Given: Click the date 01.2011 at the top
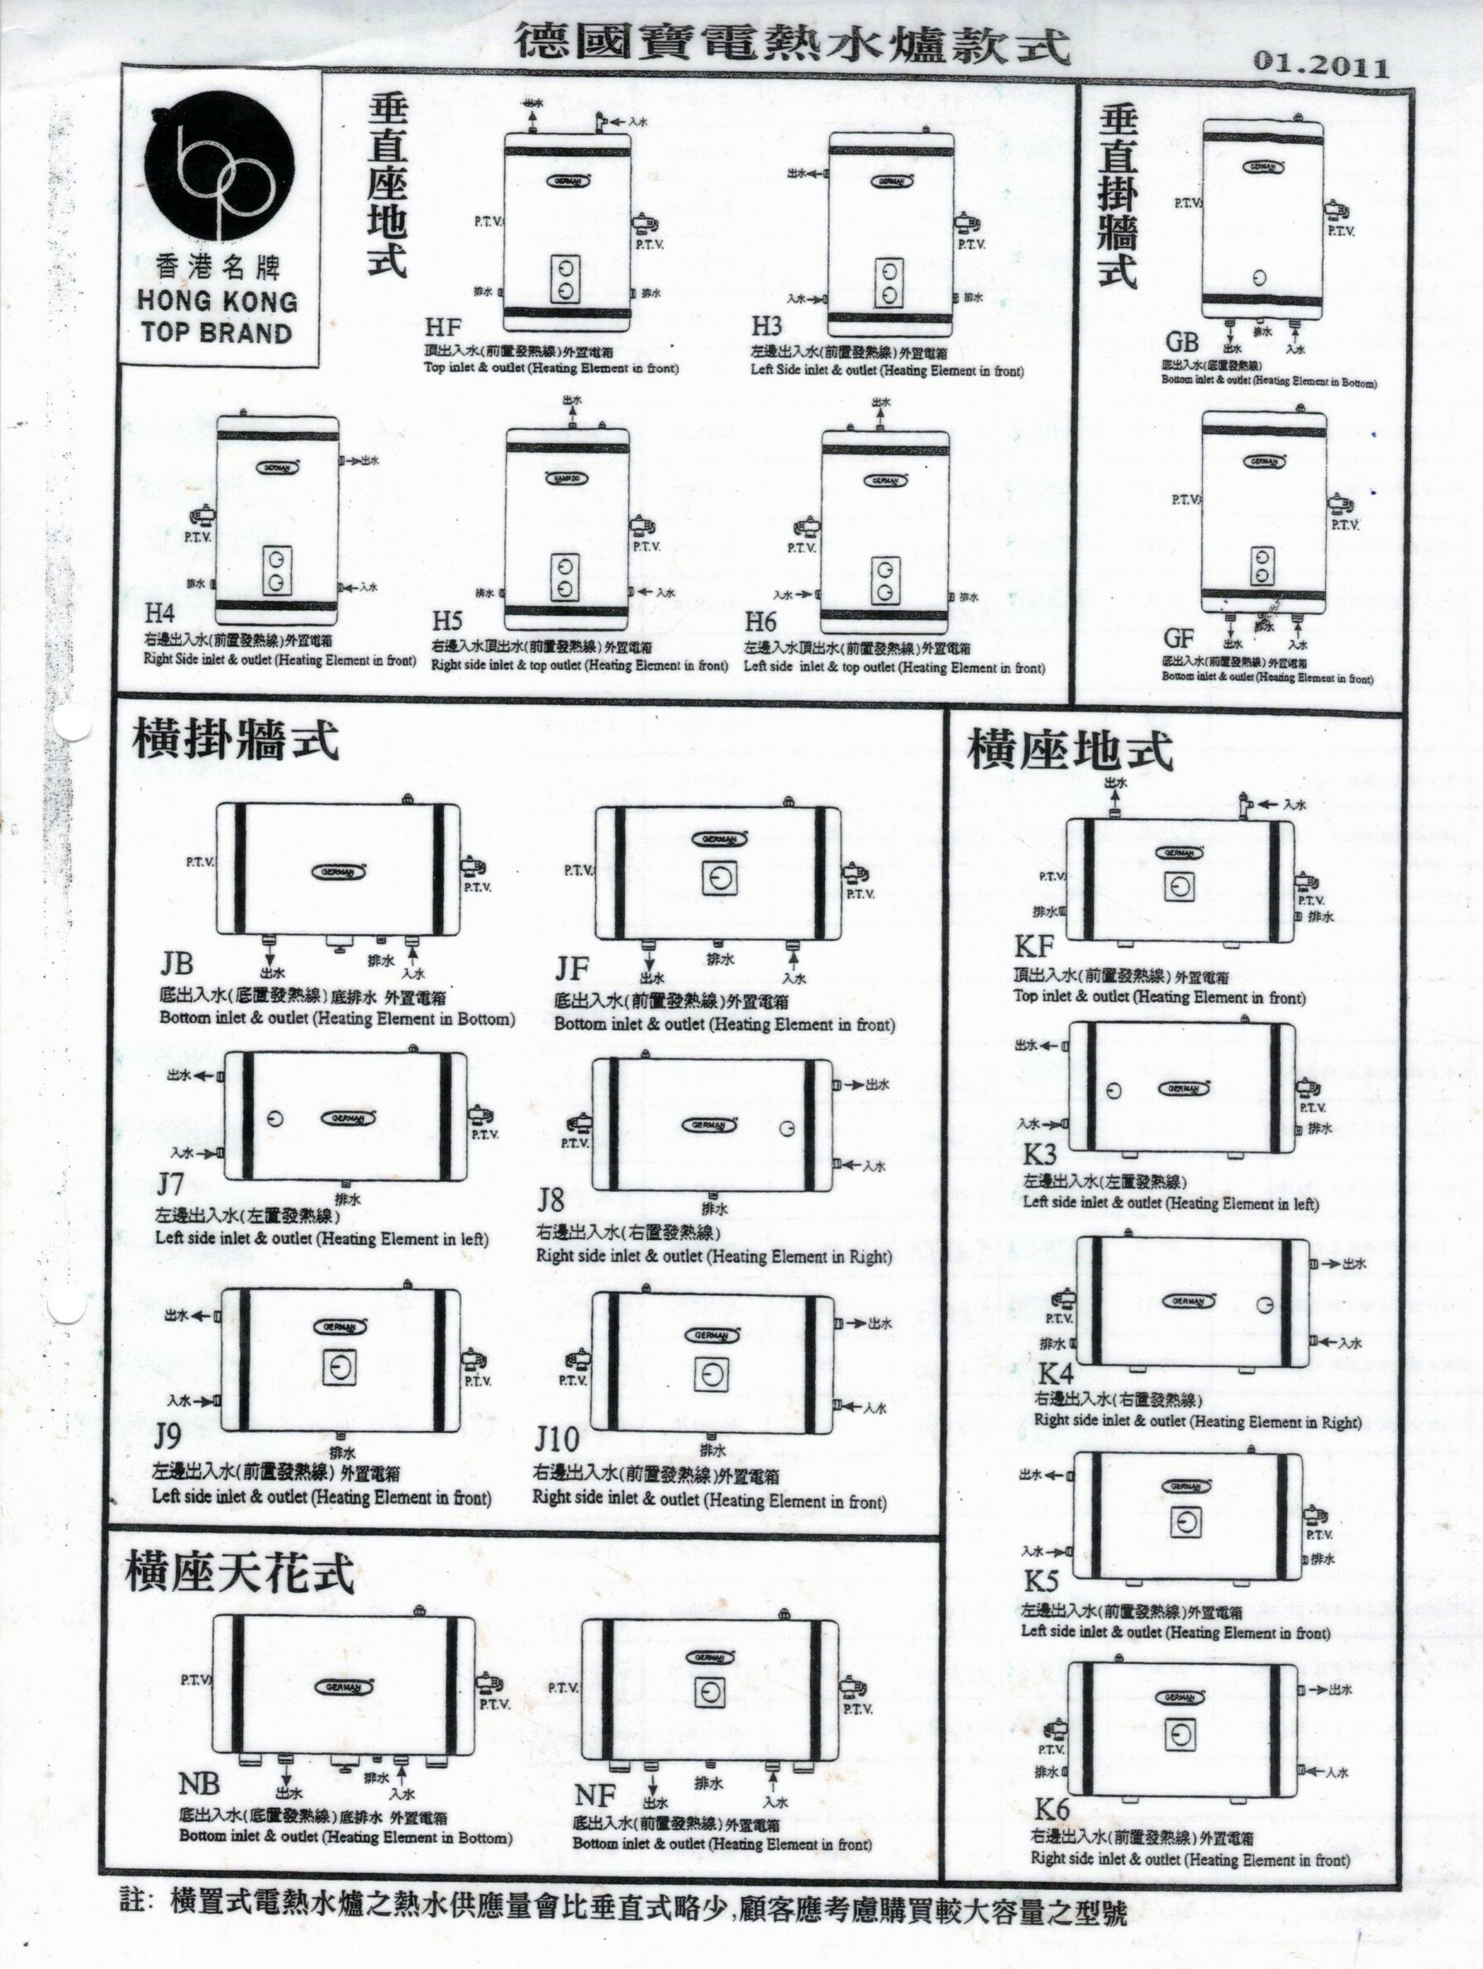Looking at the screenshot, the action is point(1320,65).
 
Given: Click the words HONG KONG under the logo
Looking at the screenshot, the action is point(217,302).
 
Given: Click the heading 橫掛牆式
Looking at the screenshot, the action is point(236,741).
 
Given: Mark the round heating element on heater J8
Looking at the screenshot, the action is point(786,1128).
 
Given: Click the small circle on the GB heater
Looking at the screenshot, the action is point(1256,275).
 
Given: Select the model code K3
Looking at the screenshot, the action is point(1040,1155).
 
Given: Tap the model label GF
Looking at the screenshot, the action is point(1179,640).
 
